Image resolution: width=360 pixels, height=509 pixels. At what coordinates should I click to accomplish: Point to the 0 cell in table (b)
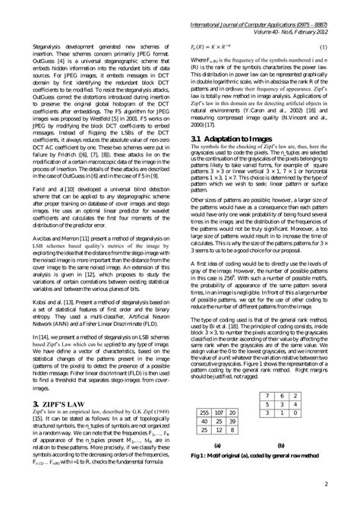(302, 416)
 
